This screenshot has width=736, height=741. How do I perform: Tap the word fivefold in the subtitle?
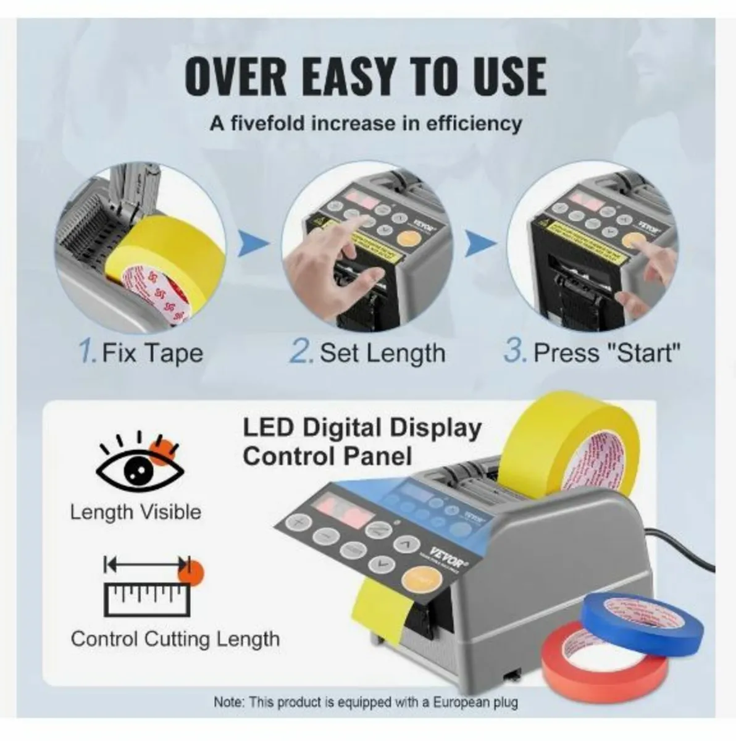(x=269, y=123)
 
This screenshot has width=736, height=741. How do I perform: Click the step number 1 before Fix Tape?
(x=86, y=352)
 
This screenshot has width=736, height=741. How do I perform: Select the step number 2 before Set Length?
(x=301, y=352)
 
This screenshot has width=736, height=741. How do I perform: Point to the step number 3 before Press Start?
(x=514, y=352)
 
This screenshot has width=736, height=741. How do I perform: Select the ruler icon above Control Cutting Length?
(x=147, y=587)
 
